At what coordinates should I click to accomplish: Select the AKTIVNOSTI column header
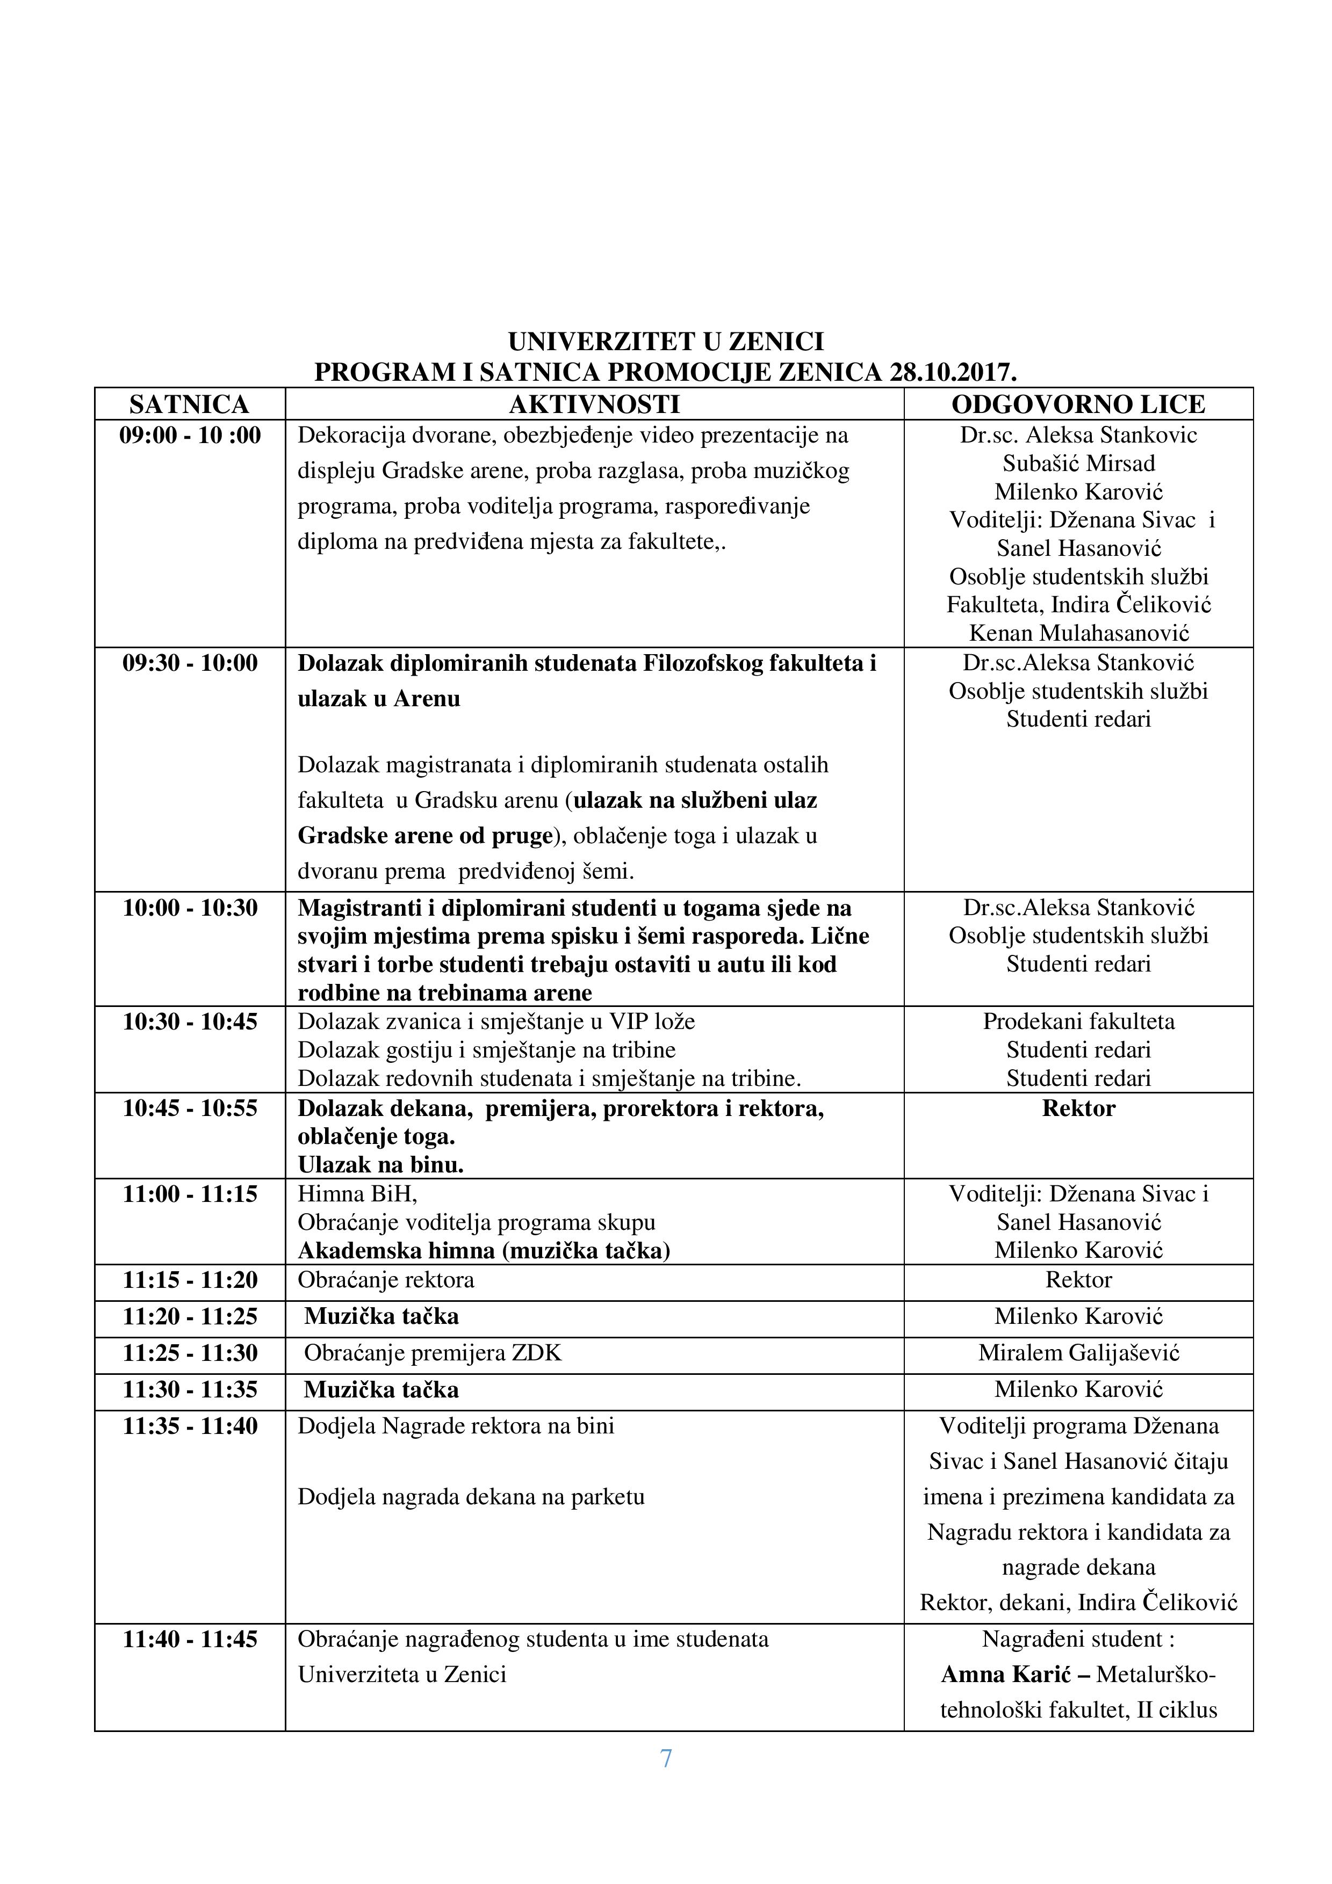coord(594,404)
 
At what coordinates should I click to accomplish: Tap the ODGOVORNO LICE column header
coord(1078,404)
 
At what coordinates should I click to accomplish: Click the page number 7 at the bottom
coord(666,1758)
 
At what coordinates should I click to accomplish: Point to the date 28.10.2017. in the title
coord(953,373)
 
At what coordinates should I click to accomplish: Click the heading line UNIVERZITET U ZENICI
coord(666,342)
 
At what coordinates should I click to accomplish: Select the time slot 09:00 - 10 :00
coord(190,435)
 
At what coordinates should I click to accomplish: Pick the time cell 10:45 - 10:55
coord(190,1108)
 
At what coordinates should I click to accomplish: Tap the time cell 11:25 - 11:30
coord(190,1353)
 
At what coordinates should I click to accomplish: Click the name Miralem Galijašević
coord(1078,1353)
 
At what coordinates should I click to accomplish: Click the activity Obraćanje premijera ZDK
coord(433,1353)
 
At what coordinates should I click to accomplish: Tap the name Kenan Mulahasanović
coord(1078,633)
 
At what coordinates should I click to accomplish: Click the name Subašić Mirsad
coord(1078,463)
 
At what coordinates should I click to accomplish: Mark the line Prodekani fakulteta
coord(1078,1021)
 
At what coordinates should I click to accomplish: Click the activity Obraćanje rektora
coord(386,1280)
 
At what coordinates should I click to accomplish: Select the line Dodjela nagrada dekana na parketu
coord(471,1497)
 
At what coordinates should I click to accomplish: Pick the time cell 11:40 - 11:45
coord(190,1640)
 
